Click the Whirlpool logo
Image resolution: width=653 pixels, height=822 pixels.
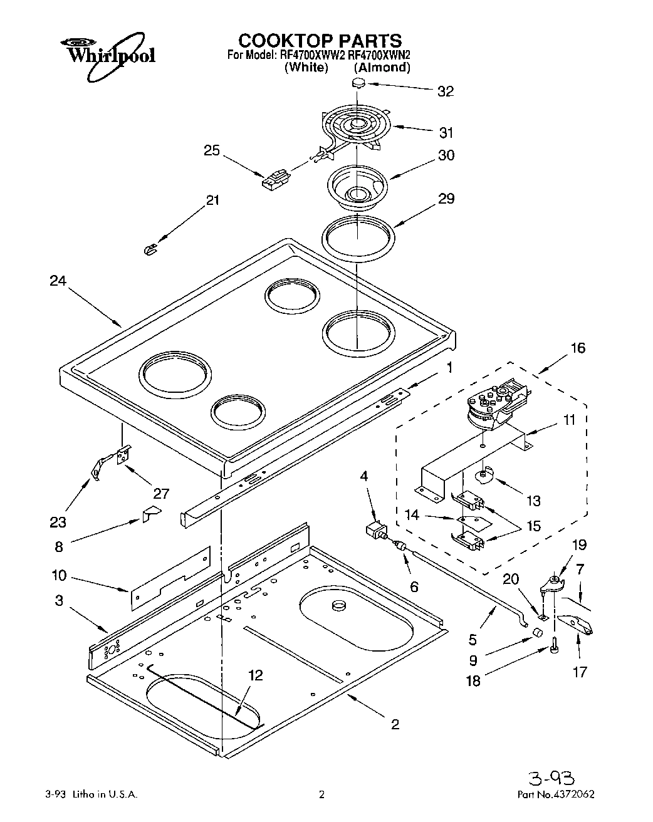[x=107, y=55]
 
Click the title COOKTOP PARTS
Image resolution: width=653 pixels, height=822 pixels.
[x=320, y=41]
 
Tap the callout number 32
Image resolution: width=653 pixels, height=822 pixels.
[x=445, y=91]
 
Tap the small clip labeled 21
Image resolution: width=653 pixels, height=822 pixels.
[x=149, y=249]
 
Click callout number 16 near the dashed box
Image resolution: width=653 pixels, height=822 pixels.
[x=577, y=348]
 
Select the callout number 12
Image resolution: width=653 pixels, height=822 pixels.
[x=254, y=675]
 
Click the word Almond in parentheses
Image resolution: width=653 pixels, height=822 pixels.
[x=382, y=68]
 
